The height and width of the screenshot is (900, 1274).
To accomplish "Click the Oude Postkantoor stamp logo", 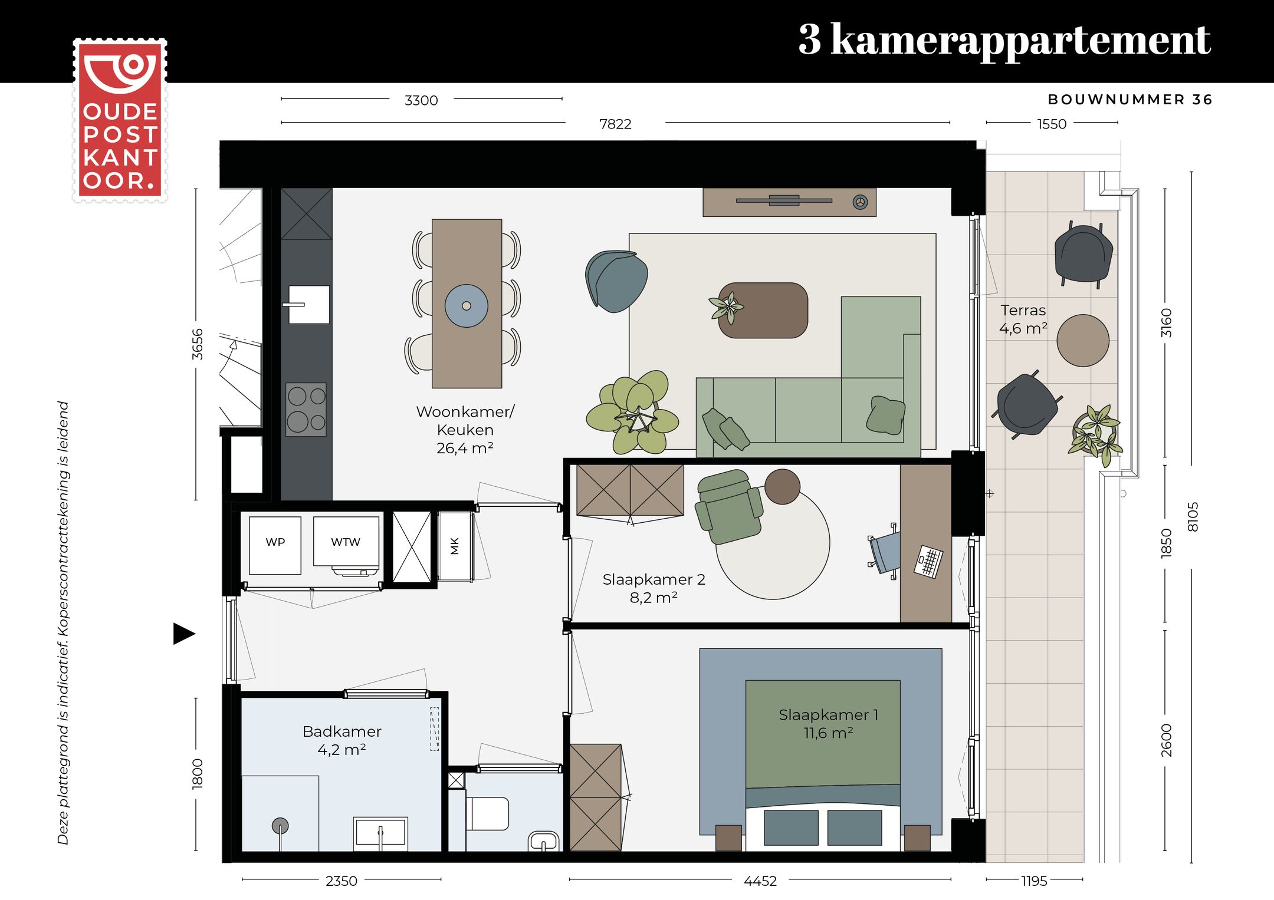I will (x=120, y=120).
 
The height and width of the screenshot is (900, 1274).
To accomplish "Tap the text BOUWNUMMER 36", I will (x=1129, y=100).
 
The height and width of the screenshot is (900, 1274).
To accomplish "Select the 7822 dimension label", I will (x=615, y=124).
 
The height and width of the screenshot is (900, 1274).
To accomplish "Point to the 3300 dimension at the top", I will (x=421, y=100).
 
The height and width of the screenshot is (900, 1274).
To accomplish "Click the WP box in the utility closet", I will (x=275, y=545).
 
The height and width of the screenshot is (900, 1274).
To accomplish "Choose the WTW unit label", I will (x=346, y=542).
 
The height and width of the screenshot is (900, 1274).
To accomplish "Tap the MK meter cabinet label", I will (x=454, y=546).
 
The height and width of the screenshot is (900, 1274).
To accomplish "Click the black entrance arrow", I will (x=183, y=634).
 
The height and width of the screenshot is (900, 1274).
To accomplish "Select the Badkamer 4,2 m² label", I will (x=342, y=740).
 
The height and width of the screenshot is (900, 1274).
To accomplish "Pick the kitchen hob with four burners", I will (x=306, y=410).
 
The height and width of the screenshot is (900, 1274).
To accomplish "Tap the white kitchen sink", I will (x=309, y=305).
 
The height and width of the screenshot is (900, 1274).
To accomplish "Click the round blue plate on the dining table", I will (x=466, y=305).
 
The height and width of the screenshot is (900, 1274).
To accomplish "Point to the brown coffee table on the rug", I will (x=763, y=311).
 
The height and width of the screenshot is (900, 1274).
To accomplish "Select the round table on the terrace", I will (x=1082, y=341).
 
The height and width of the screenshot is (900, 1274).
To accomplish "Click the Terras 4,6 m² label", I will (x=1023, y=319).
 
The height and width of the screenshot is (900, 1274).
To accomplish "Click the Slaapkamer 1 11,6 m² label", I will (x=828, y=724).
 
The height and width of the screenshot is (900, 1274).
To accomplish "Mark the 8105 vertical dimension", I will (x=1192, y=517).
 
